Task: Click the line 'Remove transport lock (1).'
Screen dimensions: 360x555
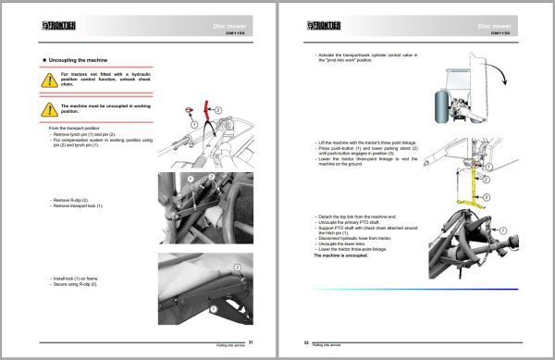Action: [x=86, y=204]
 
